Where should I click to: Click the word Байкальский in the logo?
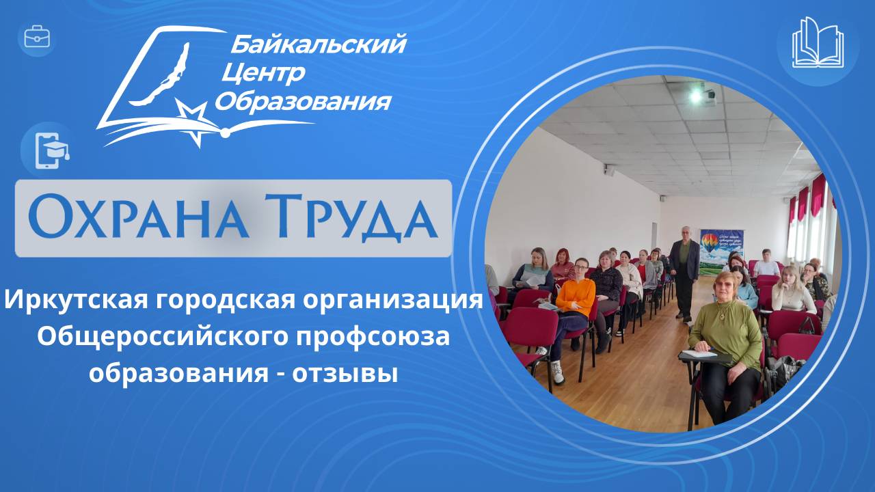[318, 45]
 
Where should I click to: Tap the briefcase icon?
[37, 37]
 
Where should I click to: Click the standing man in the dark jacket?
[684, 270]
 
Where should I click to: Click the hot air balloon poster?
[721, 249]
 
